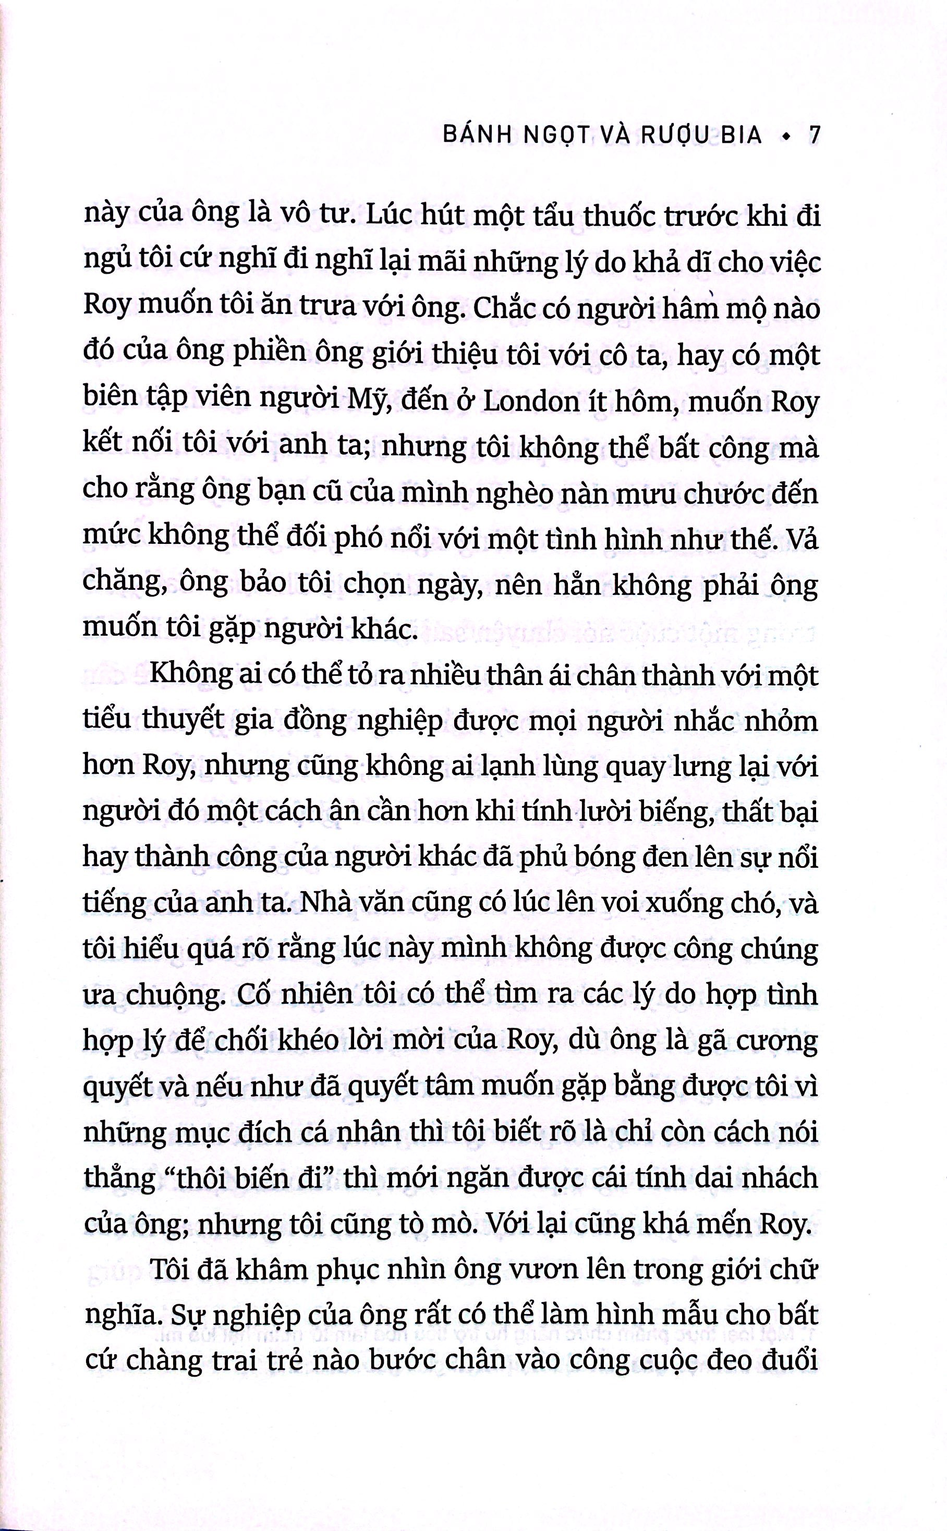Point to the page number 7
[814, 135]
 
